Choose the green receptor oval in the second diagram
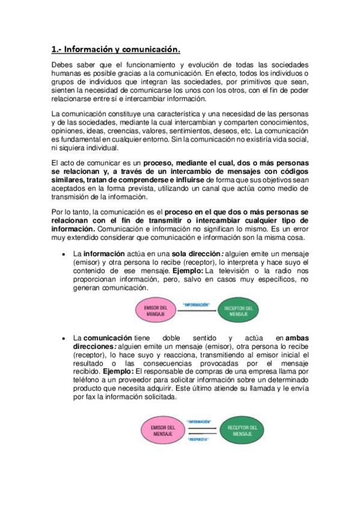(x=242, y=431)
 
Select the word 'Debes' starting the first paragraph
(x=63, y=64)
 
